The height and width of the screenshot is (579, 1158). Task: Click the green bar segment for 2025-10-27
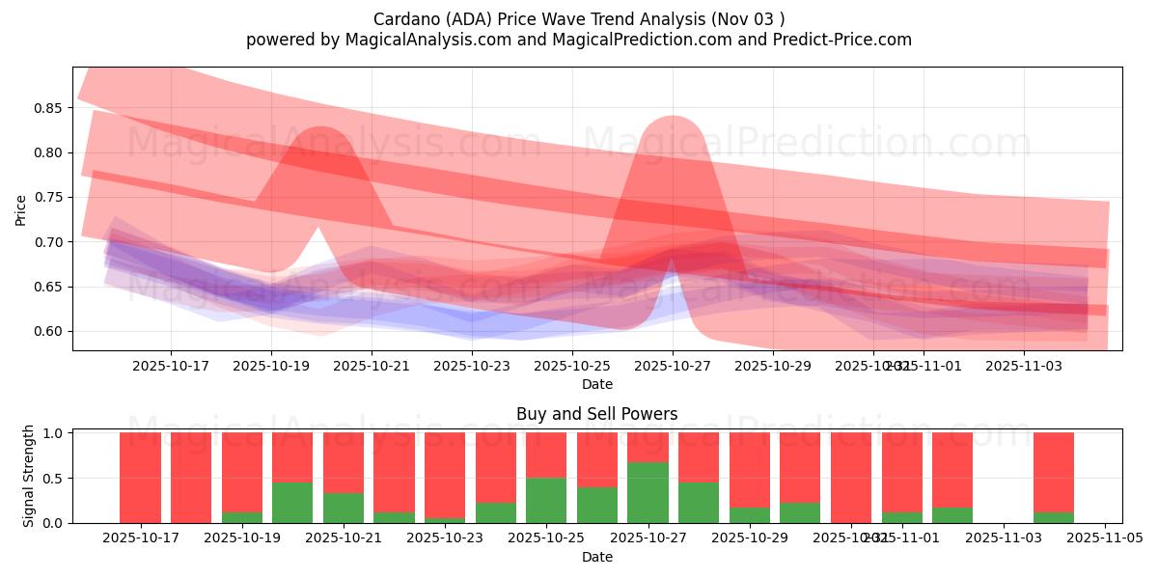pyautogui.click(x=648, y=492)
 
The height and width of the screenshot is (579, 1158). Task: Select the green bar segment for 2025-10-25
pyautogui.click(x=546, y=500)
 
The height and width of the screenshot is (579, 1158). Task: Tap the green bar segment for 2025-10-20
pyautogui.click(x=292, y=502)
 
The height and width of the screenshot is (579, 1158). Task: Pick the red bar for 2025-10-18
pyautogui.click(x=191, y=478)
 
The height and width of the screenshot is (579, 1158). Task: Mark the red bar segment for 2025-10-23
pyautogui.click(x=445, y=475)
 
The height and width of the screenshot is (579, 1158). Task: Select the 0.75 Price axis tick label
pyautogui.click(x=49, y=198)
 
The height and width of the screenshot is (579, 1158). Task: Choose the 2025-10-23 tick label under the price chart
pyautogui.click(x=472, y=367)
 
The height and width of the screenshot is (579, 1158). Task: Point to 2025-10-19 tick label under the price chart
pyautogui.click(x=271, y=367)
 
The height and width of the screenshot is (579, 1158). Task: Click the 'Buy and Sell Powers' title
pyautogui.click(x=596, y=414)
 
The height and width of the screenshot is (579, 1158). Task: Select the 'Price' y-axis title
pyautogui.click(x=20, y=209)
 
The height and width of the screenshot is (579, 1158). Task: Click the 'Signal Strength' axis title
pyautogui.click(x=29, y=476)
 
